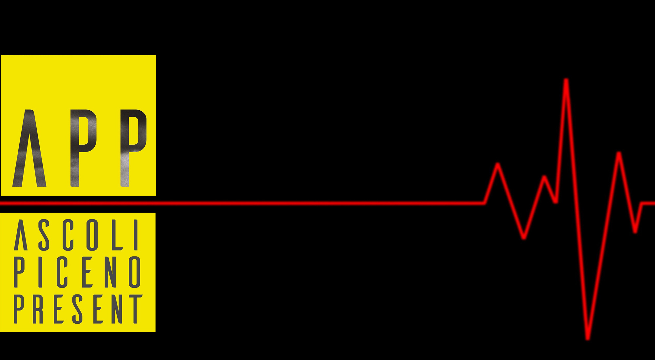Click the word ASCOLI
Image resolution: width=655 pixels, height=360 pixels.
click(77, 235)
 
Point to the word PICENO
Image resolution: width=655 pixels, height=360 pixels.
click(77, 272)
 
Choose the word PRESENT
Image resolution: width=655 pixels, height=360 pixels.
click(78, 309)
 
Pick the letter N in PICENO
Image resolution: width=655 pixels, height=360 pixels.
click(111, 272)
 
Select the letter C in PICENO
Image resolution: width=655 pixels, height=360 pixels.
click(62, 272)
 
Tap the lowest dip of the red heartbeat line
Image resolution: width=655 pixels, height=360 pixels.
click(588, 338)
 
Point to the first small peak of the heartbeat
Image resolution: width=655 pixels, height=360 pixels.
click(497, 165)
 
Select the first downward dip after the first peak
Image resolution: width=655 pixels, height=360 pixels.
click(524, 237)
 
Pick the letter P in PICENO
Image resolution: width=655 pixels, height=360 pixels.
click(19, 272)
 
